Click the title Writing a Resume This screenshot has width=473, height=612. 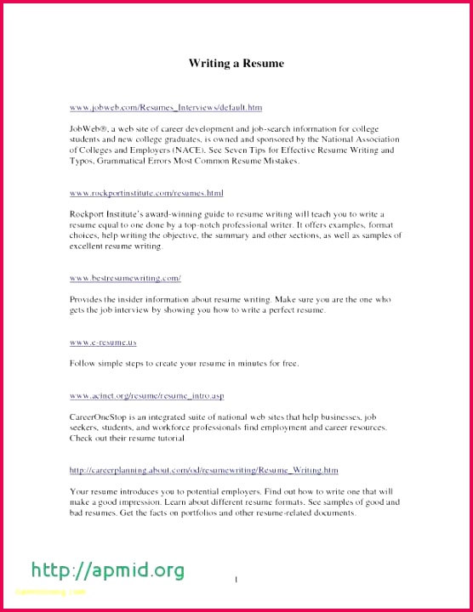tap(236, 64)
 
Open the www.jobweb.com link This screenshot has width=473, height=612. tap(166, 108)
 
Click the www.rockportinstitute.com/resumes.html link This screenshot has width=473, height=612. tap(146, 194)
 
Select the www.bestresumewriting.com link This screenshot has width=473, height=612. tap(125, 278)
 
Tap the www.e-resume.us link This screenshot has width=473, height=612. tap(103, 342)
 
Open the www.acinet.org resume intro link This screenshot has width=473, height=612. tap(146, 396)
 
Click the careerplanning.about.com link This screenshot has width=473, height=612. tap(204, 470)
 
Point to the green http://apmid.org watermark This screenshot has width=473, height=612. tap(107, 569)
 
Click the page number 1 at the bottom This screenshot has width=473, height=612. tap(236, 580)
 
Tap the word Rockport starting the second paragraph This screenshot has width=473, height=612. tap(88, 214)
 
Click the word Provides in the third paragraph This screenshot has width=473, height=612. tap(88, 299)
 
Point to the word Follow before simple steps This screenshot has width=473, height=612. tap(83, 364)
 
